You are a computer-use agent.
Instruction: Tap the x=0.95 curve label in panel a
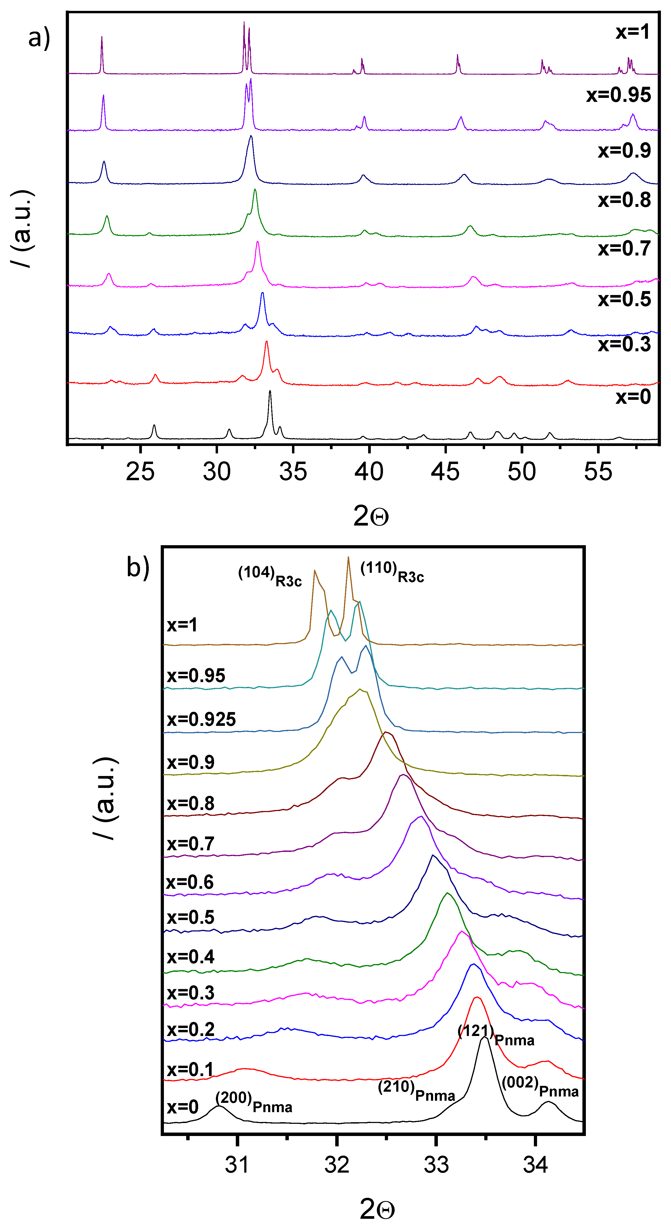(618, 95)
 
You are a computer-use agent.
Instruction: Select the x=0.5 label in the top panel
(624, 300)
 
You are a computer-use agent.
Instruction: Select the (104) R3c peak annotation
(269, 575)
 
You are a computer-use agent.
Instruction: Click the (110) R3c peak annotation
(392, 572)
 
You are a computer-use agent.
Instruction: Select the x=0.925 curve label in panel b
(201, 719)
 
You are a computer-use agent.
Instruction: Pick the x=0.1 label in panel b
(190, 1070)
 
